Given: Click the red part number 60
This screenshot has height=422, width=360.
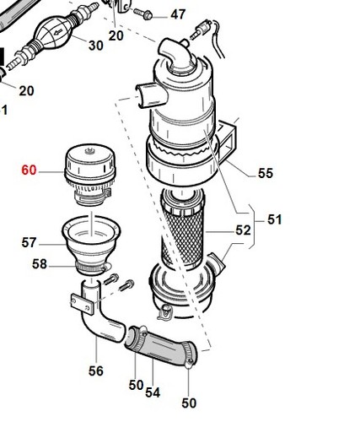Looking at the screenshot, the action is pos(30,170).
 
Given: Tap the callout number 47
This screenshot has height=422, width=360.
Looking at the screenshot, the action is pos(178,14).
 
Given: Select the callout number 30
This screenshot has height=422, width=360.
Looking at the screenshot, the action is pos(96,46).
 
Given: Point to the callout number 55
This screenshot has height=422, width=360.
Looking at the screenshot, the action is pos(266,173).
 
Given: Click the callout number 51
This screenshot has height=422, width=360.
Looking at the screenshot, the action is pos(275,219).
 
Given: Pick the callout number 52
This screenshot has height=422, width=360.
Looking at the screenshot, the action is pos(243,230).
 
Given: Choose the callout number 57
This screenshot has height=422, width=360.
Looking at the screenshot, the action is pos(30,242).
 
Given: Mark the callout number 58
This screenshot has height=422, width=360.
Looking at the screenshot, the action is pos(40,264).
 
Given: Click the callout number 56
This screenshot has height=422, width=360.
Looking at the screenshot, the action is pos(96,371).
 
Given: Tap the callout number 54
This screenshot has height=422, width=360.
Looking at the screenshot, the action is pos(153,392).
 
